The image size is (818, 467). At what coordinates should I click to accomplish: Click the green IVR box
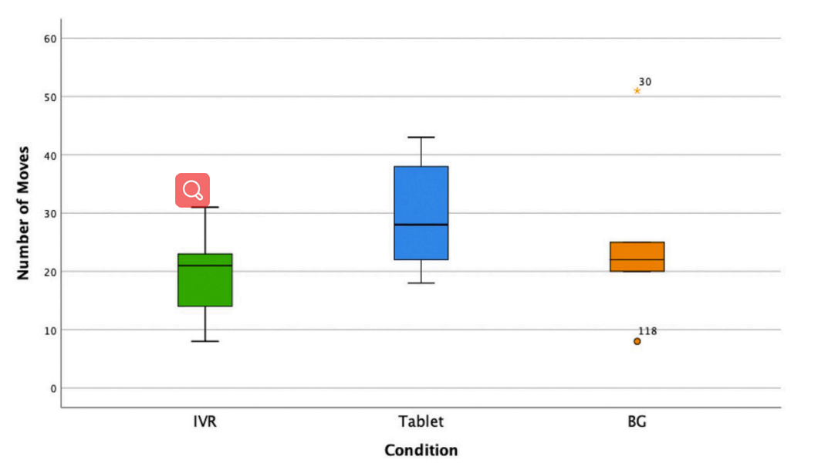point(205,280)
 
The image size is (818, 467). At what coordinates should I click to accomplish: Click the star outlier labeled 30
point(637,91)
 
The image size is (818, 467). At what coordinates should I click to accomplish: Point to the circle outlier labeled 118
point(637,341)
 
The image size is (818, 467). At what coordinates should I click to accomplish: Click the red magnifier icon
point(192,190)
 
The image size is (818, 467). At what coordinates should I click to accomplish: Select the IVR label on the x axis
point(205,421)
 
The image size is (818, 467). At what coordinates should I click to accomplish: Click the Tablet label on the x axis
point(421,421)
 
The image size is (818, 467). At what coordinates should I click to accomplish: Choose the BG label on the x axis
point(637,421)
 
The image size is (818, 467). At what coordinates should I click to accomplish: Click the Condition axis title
point(421,451)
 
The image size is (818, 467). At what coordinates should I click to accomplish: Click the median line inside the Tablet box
point(421,225)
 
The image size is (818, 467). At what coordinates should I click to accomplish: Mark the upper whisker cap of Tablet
point(421,137)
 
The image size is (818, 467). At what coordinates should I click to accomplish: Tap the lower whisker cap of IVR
point(205,341)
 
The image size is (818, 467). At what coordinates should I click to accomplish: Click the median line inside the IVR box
point(205,266)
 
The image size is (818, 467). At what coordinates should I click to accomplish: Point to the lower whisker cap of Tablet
point(421,283)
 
